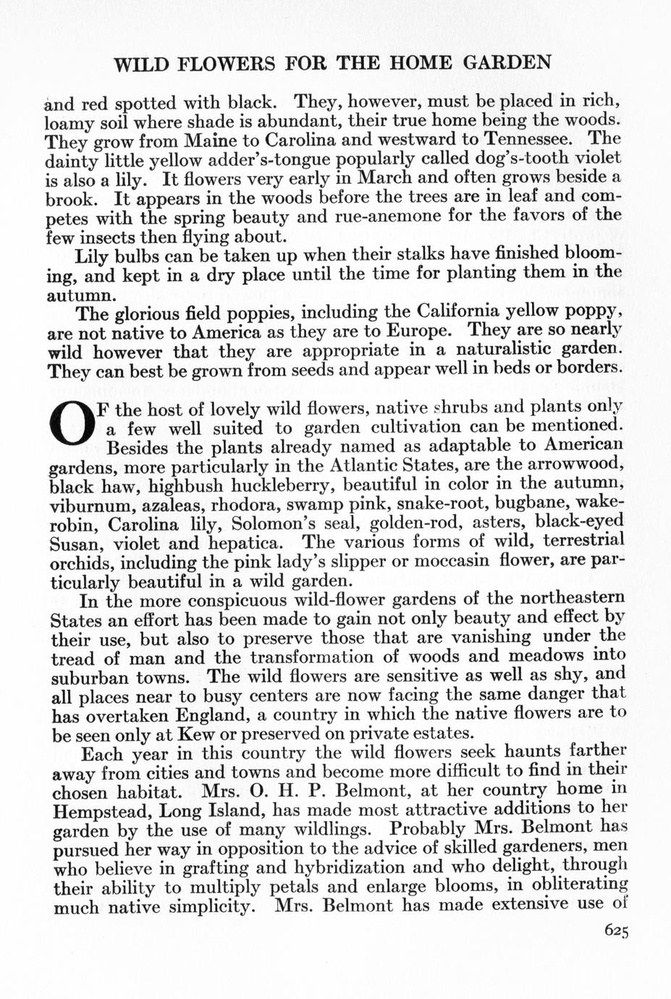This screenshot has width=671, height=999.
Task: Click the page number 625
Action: tap(616, 931)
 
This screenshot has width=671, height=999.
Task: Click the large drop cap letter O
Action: tap(70, 427)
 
